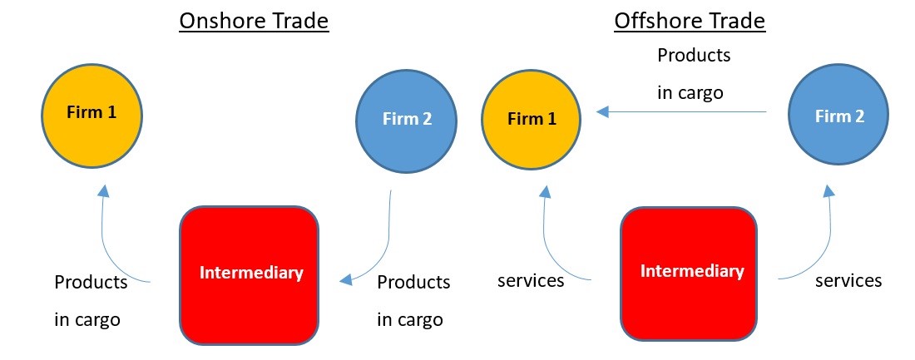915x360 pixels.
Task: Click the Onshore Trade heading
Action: coord(255,21)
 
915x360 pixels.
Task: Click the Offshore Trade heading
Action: coord(690,21)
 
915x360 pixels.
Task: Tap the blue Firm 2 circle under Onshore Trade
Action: coord(407,119)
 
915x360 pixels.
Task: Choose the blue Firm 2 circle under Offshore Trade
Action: coord(839,116)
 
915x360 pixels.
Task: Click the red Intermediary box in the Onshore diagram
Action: coord(250,274)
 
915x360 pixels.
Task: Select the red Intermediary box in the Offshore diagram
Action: coord(692,272)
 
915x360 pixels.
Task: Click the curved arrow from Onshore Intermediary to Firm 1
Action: coord(103,241)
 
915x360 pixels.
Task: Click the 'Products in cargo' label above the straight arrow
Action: coord(693,74)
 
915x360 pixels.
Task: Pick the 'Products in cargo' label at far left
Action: coord(90,300)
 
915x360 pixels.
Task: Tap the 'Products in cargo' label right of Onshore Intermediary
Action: coord(413,300)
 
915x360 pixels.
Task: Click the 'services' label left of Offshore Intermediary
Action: coord(531,280)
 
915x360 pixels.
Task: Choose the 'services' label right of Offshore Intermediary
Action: coord(848,280)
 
